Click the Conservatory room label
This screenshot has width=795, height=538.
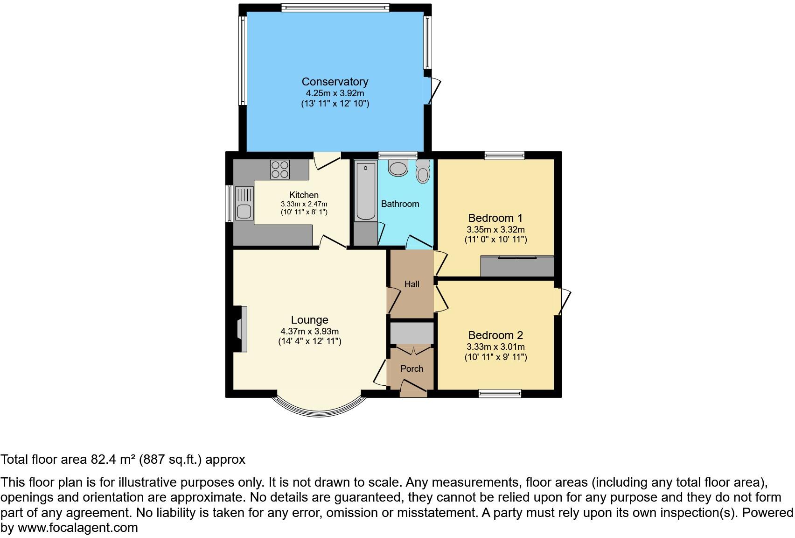(x=335, y=82)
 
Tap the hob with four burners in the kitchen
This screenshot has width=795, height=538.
(x=279, y=169)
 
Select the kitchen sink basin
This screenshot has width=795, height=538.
(x=244, y=211)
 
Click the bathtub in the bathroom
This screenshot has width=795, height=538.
(x=365, y=191)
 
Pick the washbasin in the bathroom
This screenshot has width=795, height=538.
(x=398, y=168)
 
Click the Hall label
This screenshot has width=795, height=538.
(x=411, y=284)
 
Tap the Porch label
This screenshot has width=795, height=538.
(x=411, y=368)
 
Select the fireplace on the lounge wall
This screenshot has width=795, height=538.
(x=241, y=329)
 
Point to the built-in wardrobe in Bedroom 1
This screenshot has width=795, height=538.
(x=517, y=266)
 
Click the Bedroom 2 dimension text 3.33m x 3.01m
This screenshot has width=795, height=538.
(x=495, y=347)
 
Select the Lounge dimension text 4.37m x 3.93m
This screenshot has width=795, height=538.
(x=309, y=331)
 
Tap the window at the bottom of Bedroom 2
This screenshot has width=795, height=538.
(x=500, y=394)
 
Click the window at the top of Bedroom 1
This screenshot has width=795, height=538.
(x=504, y=156)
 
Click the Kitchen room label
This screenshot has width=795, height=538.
(x=304, y=195)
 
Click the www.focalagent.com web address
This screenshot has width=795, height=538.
(x=77, y=528)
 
